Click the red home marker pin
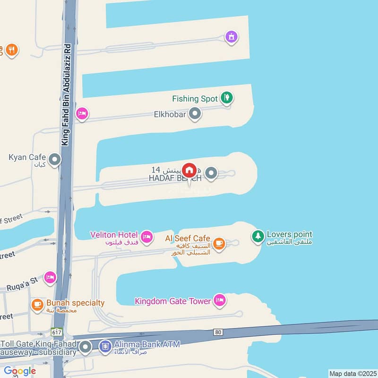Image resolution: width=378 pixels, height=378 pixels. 189,169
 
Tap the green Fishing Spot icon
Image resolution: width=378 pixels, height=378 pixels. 227,98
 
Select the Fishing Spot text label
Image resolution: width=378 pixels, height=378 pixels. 195,99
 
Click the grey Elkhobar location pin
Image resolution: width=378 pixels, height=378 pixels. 195,113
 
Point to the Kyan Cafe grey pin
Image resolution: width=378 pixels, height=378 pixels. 55,160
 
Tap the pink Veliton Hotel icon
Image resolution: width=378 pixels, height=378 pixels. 147,236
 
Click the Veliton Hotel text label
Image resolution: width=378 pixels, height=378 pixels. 114,235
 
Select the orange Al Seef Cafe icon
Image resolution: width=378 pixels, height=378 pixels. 218,243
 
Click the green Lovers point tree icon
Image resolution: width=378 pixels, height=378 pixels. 258,235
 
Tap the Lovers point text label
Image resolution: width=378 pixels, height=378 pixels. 289,234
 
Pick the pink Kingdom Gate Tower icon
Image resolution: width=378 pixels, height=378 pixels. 219,301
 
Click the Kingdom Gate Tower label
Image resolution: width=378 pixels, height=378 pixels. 173,301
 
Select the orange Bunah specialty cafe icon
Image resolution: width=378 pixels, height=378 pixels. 37,305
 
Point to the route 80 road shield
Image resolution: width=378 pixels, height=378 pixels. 217,332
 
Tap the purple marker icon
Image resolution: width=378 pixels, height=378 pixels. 231,36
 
